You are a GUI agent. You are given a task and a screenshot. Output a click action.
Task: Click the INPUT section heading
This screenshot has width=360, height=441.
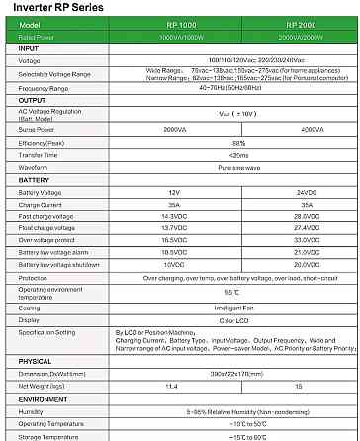pos(31,47)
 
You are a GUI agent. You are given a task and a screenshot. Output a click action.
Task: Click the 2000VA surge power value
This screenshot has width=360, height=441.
pos(174,128)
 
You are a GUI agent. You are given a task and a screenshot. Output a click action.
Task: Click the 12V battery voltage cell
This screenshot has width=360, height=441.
pos(174,191)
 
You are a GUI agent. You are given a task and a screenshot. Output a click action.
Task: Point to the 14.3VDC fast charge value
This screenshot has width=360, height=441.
pos(174,215)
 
